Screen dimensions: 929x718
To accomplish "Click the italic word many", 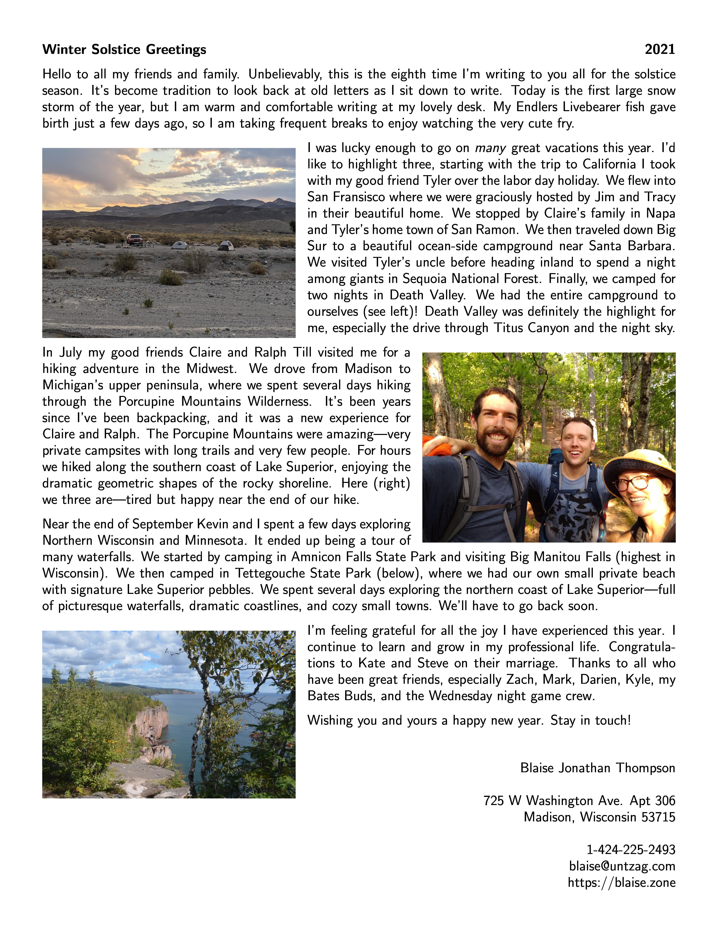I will point(490,148).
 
